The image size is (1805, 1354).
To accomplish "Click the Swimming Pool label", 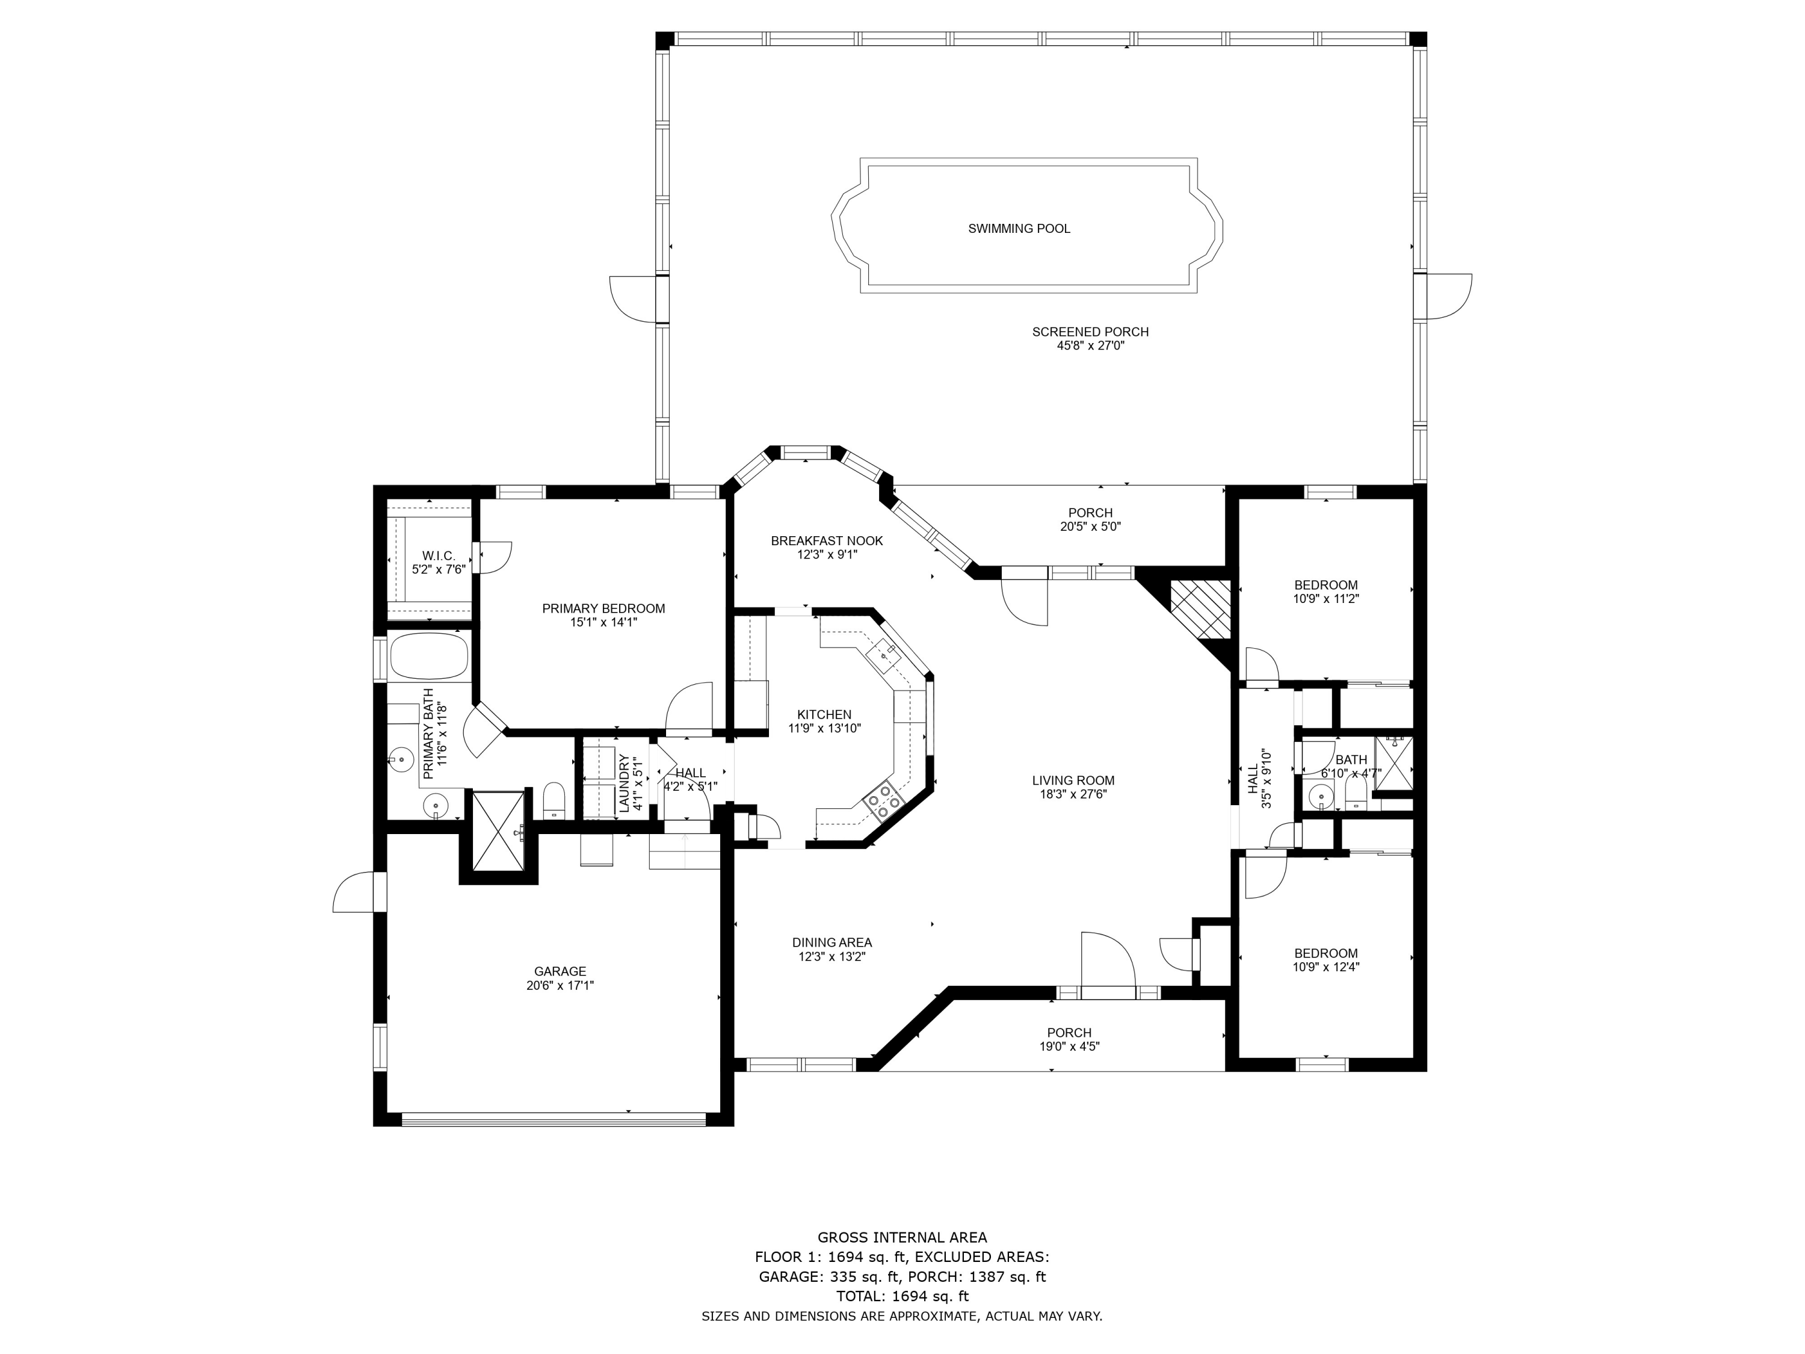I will coord(1019,229).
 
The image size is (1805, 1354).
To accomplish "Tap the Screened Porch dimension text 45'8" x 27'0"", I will coord(1090,346).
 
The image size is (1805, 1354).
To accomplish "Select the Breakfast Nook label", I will coord(827,541).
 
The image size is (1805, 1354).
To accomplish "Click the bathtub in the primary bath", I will coord(429,657).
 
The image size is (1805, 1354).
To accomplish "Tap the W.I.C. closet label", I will coord(438,556).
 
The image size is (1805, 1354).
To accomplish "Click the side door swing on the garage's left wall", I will coord(355,894).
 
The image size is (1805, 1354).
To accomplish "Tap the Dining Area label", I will coord(832,942).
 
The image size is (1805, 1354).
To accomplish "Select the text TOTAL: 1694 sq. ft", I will coord(902,1296).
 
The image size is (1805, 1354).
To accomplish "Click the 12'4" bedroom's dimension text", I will coord(1326,967).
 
